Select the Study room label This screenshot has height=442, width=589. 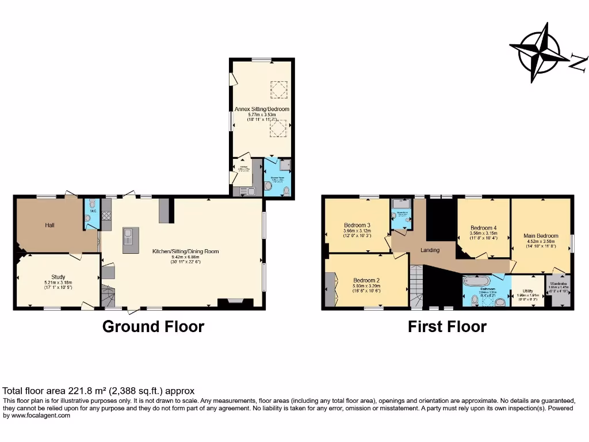(x=58, y=277)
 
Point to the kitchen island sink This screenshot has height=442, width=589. (x=130, y=235)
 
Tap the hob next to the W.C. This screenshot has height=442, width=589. (x=106, y=215)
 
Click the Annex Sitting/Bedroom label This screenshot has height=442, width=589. (x=262, y=109)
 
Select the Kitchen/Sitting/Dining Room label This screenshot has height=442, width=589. (x=185, y=252)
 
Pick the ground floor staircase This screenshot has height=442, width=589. (x=108, y=295)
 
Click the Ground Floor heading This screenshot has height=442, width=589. (x=153, y=327)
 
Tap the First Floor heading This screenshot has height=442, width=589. (x=447, y=327)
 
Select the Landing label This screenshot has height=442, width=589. (x=430, y=250)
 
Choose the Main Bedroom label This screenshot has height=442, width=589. (x=541, y=235)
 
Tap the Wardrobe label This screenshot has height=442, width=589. (x=559, y=283)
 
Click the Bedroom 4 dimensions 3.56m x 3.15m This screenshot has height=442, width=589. (x=483, y=233)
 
